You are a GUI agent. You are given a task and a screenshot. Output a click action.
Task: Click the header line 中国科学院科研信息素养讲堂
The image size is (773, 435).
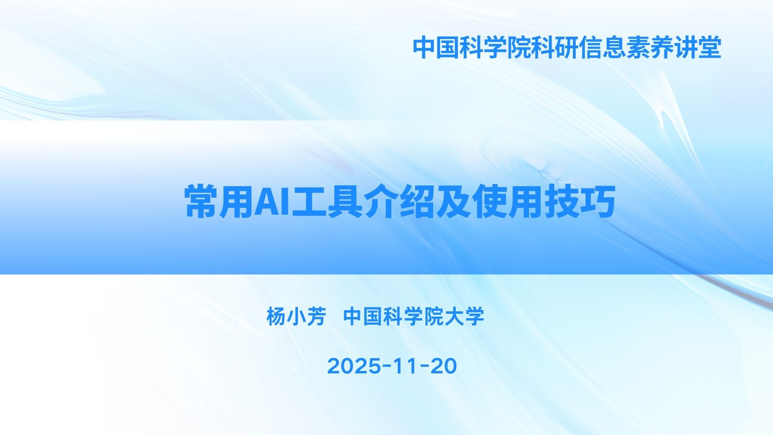[567, 48]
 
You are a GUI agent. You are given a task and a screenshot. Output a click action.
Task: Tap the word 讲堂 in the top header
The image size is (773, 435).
[698, 48]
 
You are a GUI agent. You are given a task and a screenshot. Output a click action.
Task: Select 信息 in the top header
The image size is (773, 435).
[602, 48]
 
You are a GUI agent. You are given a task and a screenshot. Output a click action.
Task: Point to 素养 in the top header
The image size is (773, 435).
[650, 48]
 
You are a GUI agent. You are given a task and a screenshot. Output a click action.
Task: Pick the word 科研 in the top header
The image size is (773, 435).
[555, 48]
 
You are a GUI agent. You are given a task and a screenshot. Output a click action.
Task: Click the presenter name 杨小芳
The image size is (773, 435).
[296, 316]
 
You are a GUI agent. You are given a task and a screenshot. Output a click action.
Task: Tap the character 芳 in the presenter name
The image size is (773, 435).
[316, 316]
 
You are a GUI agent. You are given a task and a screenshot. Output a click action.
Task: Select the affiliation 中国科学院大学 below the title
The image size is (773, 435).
[413, 316]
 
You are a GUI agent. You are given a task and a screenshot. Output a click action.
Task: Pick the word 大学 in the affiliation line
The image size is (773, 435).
[464, 316]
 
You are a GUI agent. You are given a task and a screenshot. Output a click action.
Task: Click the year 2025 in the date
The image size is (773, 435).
[354, 366]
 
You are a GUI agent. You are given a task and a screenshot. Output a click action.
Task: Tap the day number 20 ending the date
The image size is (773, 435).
[444, 366]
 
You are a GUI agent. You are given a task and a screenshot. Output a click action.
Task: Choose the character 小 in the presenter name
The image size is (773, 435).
[296, 316]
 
